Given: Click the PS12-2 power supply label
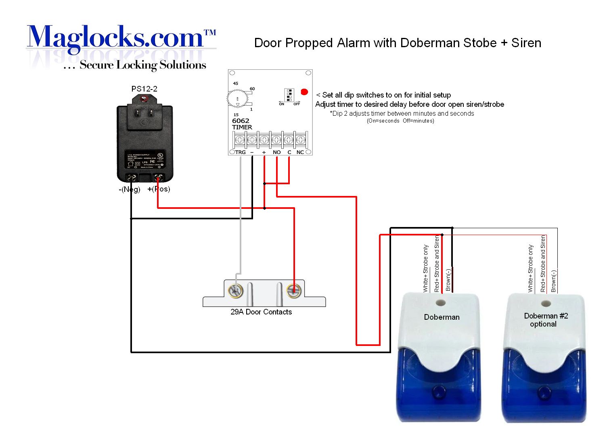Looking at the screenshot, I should pos(144,89).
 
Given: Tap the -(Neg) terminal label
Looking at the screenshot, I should pos(129,189).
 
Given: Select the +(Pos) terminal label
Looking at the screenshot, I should pos(159,189).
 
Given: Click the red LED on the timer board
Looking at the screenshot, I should pos(304,92).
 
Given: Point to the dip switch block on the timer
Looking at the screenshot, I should pos(289,95).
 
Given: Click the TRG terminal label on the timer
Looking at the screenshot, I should pos(240,152).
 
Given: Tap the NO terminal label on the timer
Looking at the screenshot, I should pos(276,152).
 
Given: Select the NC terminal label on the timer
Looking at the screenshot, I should pos(300,152).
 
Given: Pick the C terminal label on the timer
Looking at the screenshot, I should pos(289,152).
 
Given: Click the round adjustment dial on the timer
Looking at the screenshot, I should pos(238,99).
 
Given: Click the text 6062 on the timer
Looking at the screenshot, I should pos(241,121).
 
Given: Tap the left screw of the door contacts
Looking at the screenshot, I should pos(235,291).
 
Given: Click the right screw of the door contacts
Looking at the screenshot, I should pos(293,291).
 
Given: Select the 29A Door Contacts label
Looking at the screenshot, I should pos(261,312).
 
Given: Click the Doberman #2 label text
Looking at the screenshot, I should pos(546,316).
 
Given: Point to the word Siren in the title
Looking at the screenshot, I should pos(526,43).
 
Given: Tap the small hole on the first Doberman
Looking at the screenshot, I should pos(441,302).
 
